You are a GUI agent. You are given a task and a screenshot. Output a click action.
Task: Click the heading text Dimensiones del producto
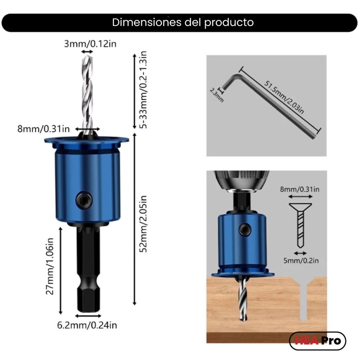click(x=183, y=22)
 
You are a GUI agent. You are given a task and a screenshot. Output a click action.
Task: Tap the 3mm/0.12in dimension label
click(x=90, y=44)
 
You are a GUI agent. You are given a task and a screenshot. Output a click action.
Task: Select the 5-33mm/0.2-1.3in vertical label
click(x=144, y=90)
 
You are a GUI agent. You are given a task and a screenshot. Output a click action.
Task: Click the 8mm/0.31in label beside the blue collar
click(x=44, y=129)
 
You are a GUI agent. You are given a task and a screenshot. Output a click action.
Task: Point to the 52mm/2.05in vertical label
click(x=144, y=223)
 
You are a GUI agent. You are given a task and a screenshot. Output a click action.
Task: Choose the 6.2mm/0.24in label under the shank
click(x=87, y=325)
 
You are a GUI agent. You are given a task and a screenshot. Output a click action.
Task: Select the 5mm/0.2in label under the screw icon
click(x=301, y=260)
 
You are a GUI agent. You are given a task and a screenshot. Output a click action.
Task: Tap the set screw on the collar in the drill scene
click(x=243, y=230)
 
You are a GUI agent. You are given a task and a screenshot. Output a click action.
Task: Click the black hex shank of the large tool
click(x=87, y=270)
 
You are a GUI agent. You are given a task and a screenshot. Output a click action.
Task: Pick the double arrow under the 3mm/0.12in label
click(x=87, y=52)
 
